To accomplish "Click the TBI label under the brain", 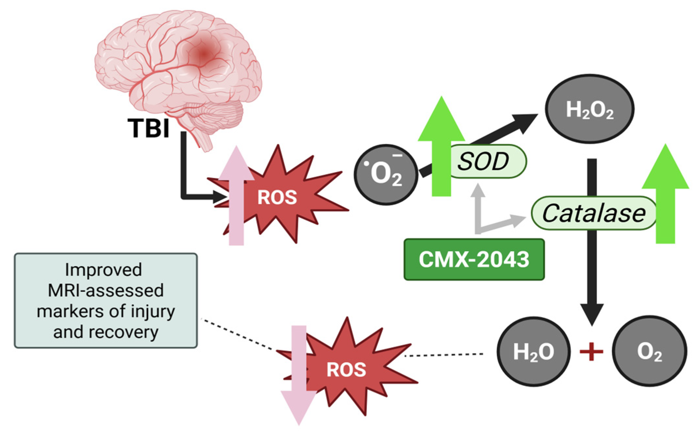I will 149,128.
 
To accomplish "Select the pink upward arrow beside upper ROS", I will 236,196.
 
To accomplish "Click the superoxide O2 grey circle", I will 386,174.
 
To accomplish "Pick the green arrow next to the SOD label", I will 441,147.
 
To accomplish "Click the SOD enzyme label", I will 483,161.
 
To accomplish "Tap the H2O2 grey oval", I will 590,109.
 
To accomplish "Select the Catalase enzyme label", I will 594,213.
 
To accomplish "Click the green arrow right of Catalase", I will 665,196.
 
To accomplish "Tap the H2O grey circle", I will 533,352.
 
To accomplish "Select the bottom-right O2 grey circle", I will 649,351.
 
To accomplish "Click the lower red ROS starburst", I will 347,369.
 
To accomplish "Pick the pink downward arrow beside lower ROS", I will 299,376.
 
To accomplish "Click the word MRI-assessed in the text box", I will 106,290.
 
